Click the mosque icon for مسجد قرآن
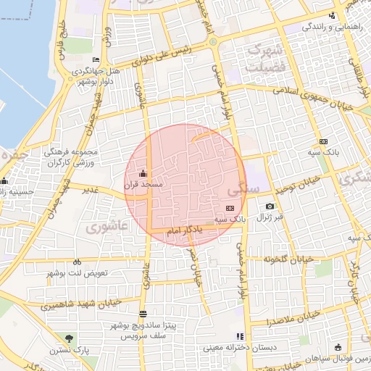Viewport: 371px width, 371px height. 142,173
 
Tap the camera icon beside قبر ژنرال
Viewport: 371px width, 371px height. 270,207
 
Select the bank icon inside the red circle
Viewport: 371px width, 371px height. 230,209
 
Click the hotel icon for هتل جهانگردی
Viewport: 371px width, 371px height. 96,59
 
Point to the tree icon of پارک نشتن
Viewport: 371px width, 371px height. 69,338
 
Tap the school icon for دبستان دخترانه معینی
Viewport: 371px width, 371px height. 239,336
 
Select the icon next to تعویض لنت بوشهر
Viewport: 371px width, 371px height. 77,262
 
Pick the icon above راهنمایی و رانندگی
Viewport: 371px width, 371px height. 332,16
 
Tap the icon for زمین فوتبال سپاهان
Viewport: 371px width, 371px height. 338,347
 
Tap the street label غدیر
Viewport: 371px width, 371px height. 90,190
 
